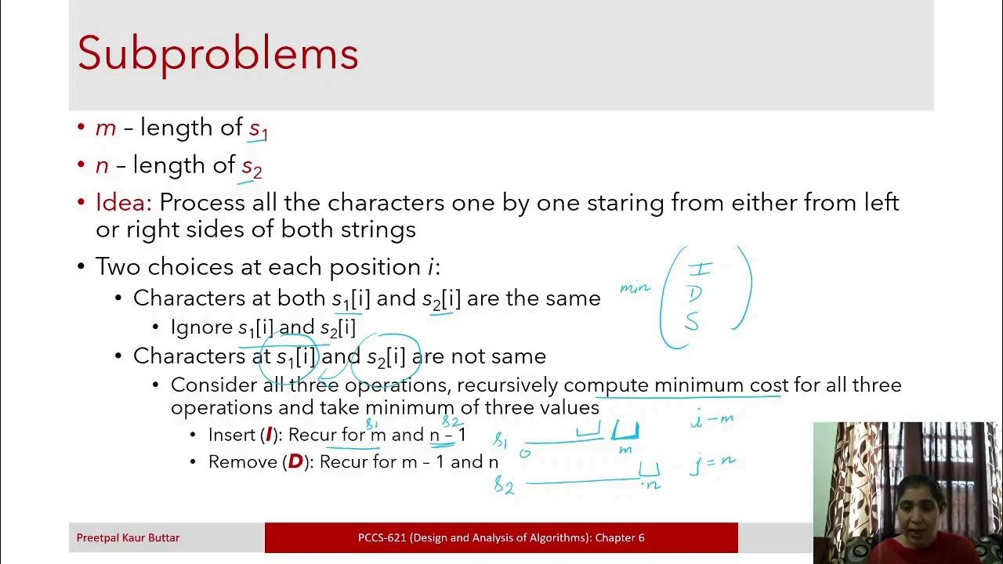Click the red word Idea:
pyautogui.click(x=123, y=203)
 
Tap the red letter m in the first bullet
pyautogui.click(x=105, y=128)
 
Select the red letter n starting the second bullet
pyautogui.click(x=102, y=165)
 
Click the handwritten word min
pyautogui.click(x=635, y=287)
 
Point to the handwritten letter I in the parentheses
pyautogui.click(x=699, y=269)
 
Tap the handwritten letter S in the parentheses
pyautogui.click(x=692, y=320)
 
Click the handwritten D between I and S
pyautogui.click(x=694, y=294)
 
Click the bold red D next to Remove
pyautogui.click(x=295, y=462)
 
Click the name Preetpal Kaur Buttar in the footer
pyautogui.click(x=128, y=538)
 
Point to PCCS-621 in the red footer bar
pyautogui.click(x=382, y=538)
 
